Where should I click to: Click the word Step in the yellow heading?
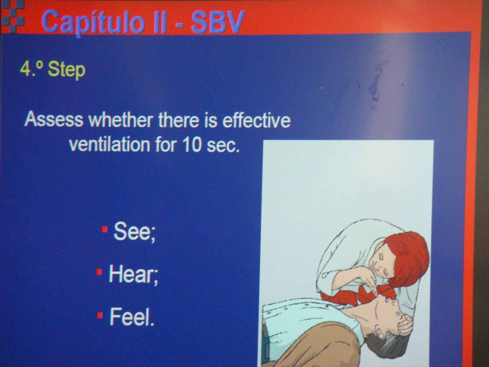(67, 69)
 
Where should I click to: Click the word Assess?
(53, 120)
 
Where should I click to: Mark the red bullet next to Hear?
(99, 272)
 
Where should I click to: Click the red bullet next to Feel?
(100, 315)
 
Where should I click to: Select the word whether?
(121, 120)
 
